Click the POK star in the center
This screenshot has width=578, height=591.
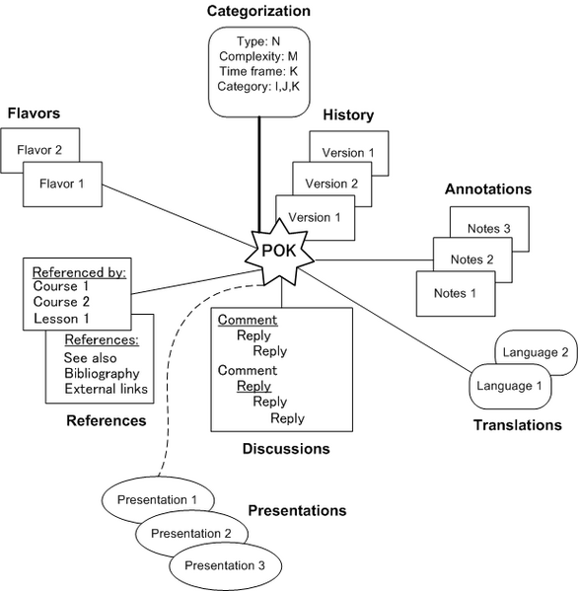(x=279, y=252)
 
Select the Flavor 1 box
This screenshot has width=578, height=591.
(x=62, y=185)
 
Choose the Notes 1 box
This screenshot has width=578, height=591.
(x=456, y=294)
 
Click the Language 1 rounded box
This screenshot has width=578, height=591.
(x=510, y=387)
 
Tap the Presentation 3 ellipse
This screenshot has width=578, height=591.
(x=225, y=566)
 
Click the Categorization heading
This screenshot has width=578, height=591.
(x=258, y=11)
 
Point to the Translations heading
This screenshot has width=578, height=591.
(x=518, y=425)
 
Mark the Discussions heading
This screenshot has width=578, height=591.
(x=286, y=449)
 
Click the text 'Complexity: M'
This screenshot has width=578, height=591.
(x=258, y=56)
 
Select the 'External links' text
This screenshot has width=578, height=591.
(x=106, y=389)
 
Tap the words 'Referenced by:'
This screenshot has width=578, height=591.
(x=79, y=272)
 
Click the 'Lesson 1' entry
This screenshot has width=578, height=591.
(x=61, y=319)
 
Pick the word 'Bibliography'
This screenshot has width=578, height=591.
(x=102, y=373)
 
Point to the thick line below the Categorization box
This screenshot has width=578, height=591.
(x=259, y=175)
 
